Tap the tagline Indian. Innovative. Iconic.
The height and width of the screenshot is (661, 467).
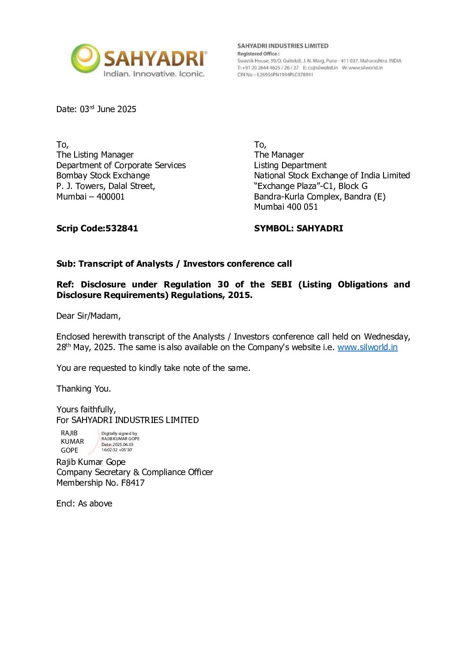pyautogui.click(x=154, y=74)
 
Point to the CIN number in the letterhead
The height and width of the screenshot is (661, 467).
pyautogui.click(x=275, y=75)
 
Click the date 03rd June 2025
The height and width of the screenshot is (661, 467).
pyautogui.click(x=96, y=109)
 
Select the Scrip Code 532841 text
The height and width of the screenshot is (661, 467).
pyautogui.click(x=97, y=228)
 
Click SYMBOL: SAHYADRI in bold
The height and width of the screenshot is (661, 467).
pyautogui.click(x=298, y=228)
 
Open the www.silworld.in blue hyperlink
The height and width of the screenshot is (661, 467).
pyautogui.click(x=367, y=347)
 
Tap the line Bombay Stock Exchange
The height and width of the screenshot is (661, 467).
pyautogui.click(x=103, y=175)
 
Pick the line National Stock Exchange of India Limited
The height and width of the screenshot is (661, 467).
pyautogui.click(x=332, y=175)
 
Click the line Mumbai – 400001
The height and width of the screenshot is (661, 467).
pyautogui.click(x=90, y=196)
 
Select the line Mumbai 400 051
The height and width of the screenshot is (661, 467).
pyautogui.click(x=286, y=207)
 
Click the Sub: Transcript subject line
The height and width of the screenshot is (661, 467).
pyautogui.click(x=174, y=264)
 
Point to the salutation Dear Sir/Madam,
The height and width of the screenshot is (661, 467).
pyautogui.click(x=88, y=316)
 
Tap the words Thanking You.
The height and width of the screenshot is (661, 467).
pyautogui.click(x=83, y=389)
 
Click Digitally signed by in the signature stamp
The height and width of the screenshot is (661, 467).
pyautogui.click(x=119, y=434)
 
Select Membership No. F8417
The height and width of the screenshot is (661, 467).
pyautogui.click(x=100, y=483)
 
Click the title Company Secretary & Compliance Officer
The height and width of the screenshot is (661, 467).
pyautogui.click(x=135, y=472)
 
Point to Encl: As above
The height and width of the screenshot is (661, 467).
pyautogui.click(x=84, y=503)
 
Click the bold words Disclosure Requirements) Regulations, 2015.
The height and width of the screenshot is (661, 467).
pyautogui.click(x=154, y=295)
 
